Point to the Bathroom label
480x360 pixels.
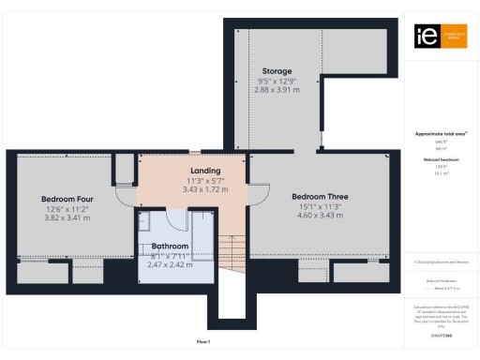(x=170, y=247)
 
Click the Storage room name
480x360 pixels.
(x=277, y=71)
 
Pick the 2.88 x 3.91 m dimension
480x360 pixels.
(x=277, y=91)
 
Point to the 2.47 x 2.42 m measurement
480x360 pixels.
(x=170, y=265)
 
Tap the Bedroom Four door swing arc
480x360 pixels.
(x=124, y=195)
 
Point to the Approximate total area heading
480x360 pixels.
(x=440, y=134)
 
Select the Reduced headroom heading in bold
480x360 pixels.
(x=440, y=160)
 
